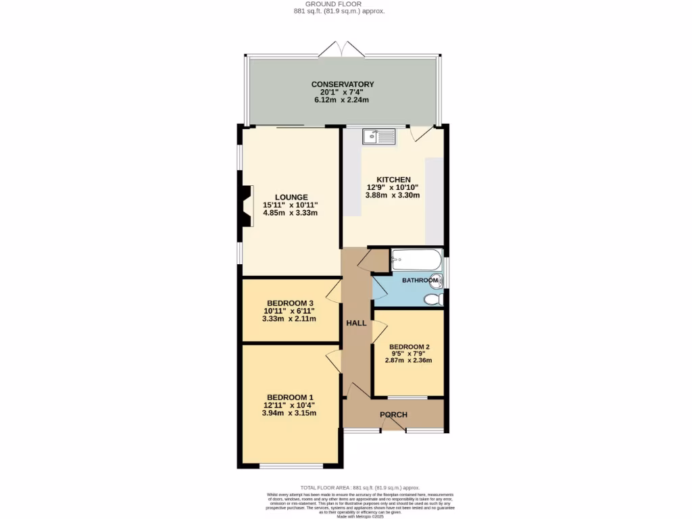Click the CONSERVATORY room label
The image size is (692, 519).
pos(343,84)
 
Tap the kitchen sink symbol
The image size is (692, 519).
pos(378,137)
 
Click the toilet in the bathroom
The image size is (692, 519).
pos(433,299)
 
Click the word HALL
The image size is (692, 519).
pos(356,323)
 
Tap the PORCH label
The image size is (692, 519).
pos(393,415)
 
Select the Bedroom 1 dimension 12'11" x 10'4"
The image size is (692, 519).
pos(290,405)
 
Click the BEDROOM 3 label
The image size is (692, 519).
pos(290,303)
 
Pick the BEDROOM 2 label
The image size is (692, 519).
pos(409,347)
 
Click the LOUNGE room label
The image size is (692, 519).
pos(290,197)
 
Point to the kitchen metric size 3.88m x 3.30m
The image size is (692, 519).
pos(393,195)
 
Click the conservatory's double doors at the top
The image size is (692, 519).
pos(343,49)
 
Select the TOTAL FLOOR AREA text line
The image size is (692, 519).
pos(360,487)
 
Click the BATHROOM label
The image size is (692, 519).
pos(420,280)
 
